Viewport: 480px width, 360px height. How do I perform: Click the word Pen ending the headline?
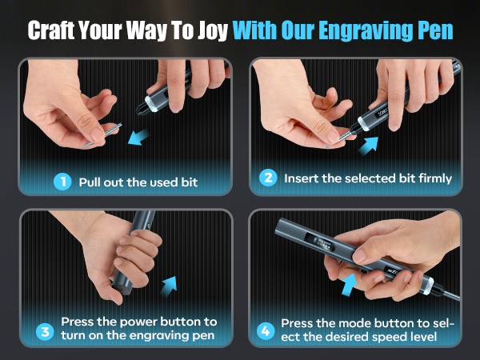(x=434, y=30)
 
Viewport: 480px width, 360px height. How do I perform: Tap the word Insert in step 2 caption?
(x=301, y=178)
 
